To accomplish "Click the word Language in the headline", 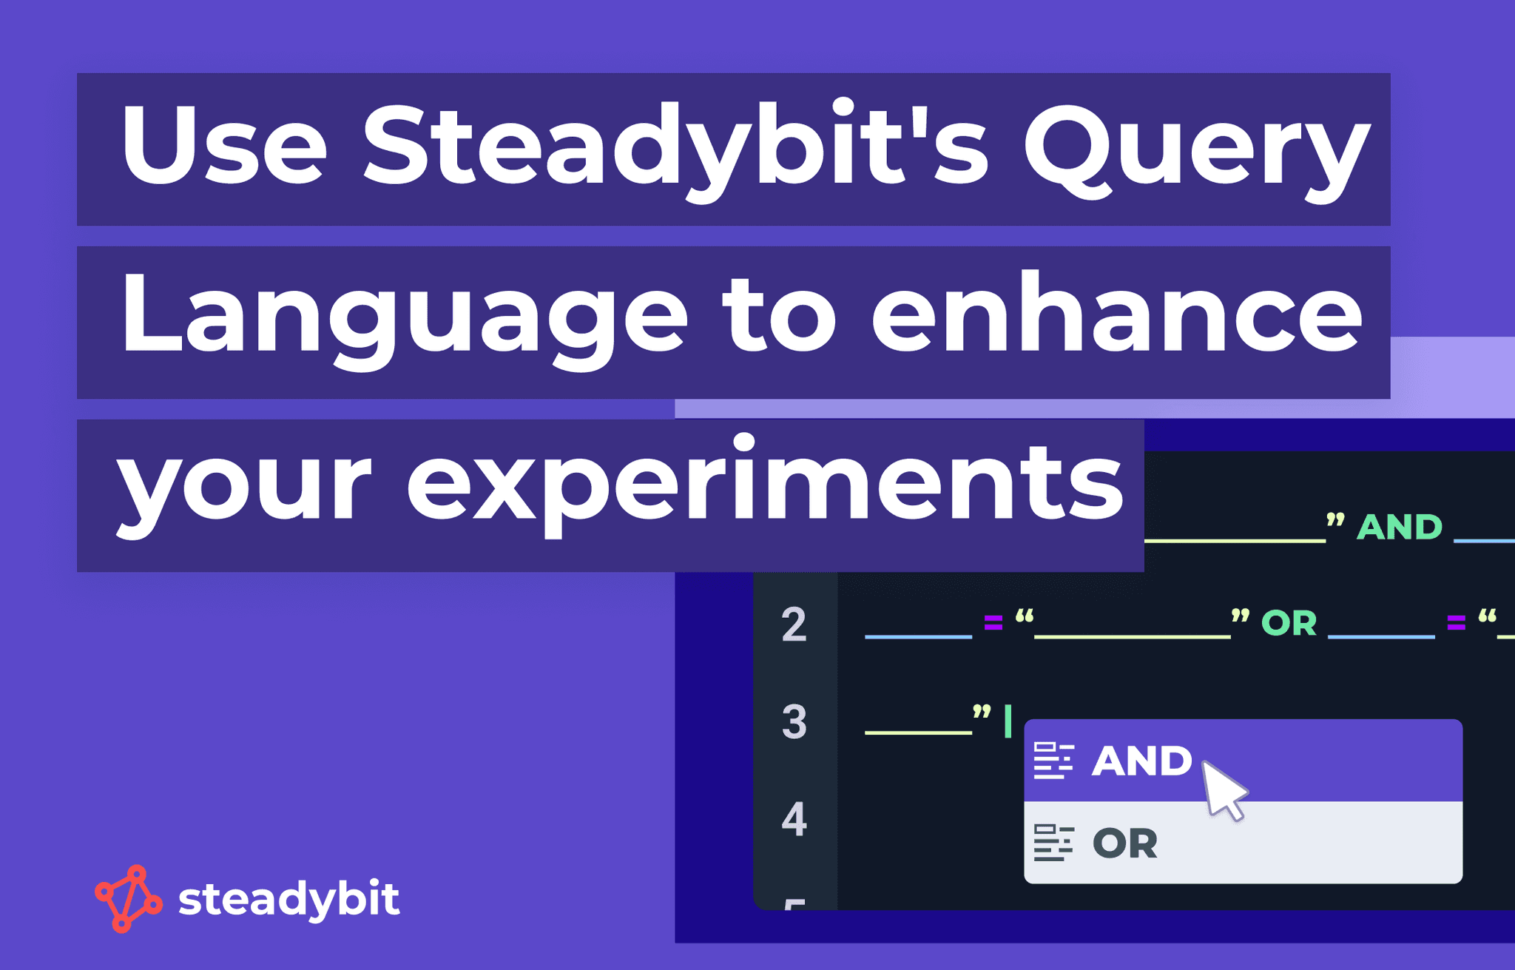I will (404, 318).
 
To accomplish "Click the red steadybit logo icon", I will (128, 898).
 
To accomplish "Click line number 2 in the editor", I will (794, 624).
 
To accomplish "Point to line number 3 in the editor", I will (794, 721).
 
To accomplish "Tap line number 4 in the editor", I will (794, 819).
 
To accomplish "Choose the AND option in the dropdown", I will (1141, 761).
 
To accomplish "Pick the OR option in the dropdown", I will (1125, 843).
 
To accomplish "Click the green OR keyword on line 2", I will (1289, 624).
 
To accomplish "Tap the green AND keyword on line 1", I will (1400, 528).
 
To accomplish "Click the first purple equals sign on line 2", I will (993, 624).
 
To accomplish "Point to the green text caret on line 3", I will (1008, 721).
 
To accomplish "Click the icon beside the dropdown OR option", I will (1053, 843).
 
